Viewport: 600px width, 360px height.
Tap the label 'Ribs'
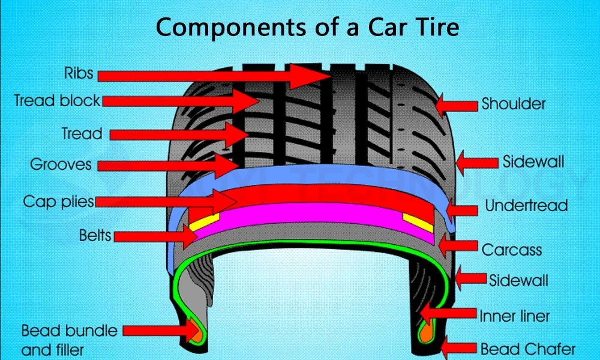pos(79,73)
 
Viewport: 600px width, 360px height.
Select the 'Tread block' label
pos(57,100)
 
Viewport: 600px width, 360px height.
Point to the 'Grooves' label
pos(62,164)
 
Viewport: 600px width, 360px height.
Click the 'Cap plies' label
pos(58,201)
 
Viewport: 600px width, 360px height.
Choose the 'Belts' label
pos(95,235)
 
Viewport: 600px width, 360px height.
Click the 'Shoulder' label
pos(514,104)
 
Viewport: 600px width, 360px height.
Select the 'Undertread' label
pos(526,206)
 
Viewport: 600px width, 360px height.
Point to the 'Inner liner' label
pos(514,315)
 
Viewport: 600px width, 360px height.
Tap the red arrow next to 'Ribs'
pos(213,75)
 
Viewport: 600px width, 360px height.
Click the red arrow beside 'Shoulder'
pos(456,105)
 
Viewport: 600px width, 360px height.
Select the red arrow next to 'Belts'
pos(156,236)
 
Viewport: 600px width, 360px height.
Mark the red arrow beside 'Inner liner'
pos(447,313)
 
